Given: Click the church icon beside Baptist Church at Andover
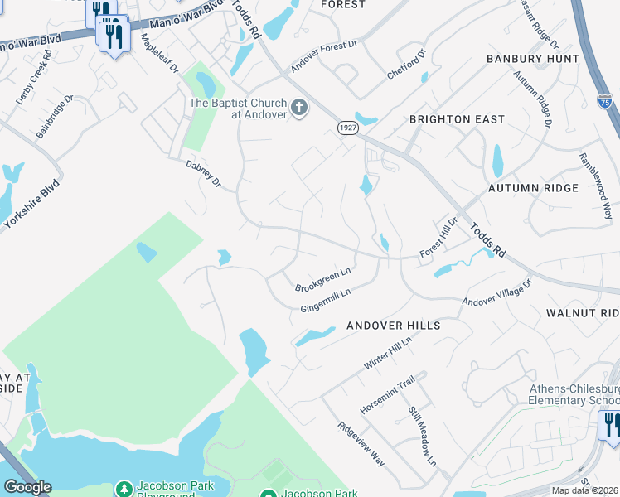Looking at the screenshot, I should click(x=300, y=108).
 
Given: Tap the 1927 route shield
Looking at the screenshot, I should click(x=347, y=127).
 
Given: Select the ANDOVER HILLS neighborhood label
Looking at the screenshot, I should click(x=394, y=326).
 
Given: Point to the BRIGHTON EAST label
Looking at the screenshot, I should click(x=457, y=119).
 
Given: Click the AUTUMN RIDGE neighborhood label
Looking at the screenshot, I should click(x=533, y=188).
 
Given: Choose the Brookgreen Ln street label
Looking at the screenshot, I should click(x=323, y=279).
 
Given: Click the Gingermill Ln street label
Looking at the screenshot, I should click(x=326, y=300).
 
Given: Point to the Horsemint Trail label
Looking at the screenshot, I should click(x=386, y=395).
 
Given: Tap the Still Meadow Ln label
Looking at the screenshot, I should click(x=421, y=434).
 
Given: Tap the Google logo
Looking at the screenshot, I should click(x=27, y=487).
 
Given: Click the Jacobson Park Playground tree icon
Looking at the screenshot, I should click(x=124, y=490).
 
